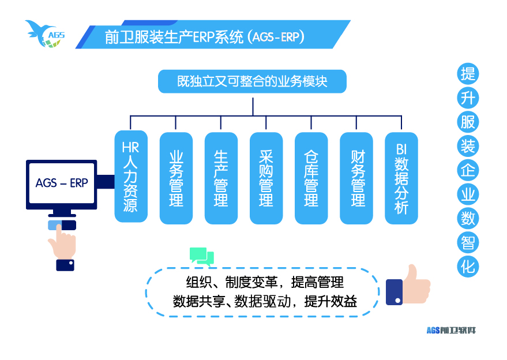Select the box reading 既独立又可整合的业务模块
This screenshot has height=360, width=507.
pyautogui.click(x=252, y=81)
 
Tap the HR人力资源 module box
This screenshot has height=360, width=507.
pyautogui.click(x=131, y=176)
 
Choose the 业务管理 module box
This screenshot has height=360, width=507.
pyautogui.click(x=176, y=178)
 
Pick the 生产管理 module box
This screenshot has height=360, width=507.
pyautogui.click(x=221, y=178)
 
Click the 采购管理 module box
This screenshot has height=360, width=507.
pyautogui.click(x=266, y=178)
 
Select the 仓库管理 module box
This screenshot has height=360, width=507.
pyautogui.click(x=311, y=178)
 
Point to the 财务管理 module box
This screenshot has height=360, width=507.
pyautogui.click(x=356, y=178)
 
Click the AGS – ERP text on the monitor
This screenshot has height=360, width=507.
pyautogui.click(x=62, y=183)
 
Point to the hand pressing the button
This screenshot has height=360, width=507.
pyautogui.click(x=62, y=245)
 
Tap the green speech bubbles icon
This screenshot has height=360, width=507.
pyautogui.click(x=201, y=256)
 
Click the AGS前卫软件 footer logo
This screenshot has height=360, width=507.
pyautogui.click(x=451, y=330)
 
